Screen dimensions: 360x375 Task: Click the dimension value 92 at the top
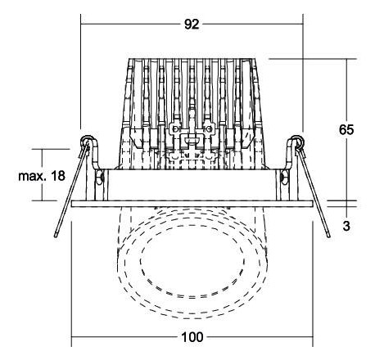tap(192, 25)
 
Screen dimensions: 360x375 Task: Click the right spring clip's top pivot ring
tap(299, 142)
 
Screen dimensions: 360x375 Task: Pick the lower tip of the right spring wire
tap(327, 236)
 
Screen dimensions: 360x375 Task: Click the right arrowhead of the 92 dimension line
tap(300, 25)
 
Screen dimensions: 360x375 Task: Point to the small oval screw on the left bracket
tap(99, 176)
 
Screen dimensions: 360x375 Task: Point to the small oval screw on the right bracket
tap(285, 176)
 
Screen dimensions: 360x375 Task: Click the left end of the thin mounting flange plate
tap(73, 203)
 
